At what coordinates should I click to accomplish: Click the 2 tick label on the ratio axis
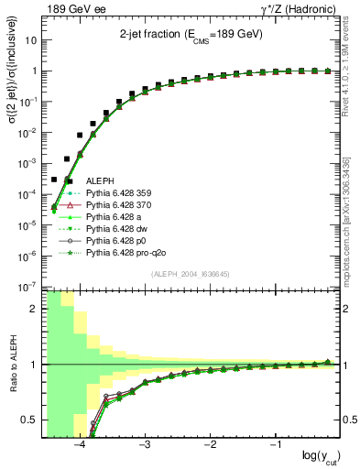(x=36, y=309)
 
